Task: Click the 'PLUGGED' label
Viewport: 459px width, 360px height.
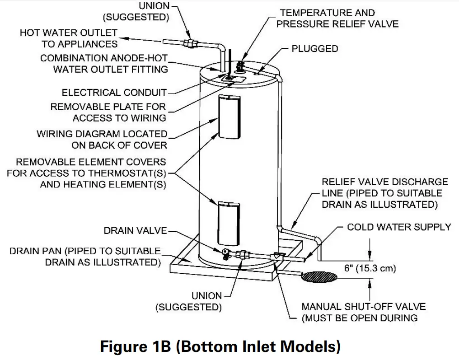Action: tap(314, 48)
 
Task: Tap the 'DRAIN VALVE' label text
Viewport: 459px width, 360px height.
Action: tap(136, 231)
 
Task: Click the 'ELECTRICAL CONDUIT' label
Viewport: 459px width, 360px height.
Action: tap(114, 93)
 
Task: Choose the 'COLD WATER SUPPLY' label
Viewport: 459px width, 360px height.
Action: tap(399, 227)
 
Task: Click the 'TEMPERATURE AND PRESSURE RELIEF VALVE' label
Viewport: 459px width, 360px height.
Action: tap(337, 19)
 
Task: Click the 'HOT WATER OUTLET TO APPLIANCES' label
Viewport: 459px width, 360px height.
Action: tap(69, 39)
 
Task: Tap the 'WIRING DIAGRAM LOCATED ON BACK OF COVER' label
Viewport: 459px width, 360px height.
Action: tap(102, 140)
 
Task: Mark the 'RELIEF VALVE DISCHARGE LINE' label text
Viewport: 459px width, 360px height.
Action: tap(384, 193)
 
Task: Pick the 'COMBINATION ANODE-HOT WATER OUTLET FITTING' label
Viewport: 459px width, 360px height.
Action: tap(104, 64)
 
